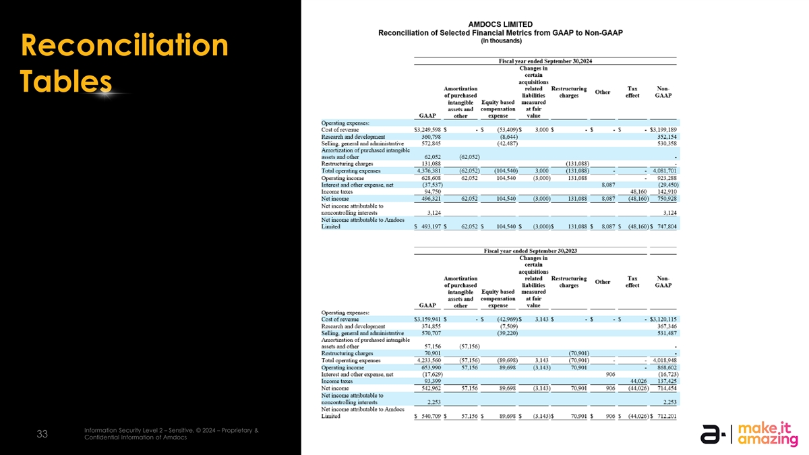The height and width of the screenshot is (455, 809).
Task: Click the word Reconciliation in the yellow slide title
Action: point(125,46)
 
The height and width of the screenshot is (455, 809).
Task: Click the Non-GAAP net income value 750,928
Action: point(663,199)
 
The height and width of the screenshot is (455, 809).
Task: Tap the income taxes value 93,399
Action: point(429,382)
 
